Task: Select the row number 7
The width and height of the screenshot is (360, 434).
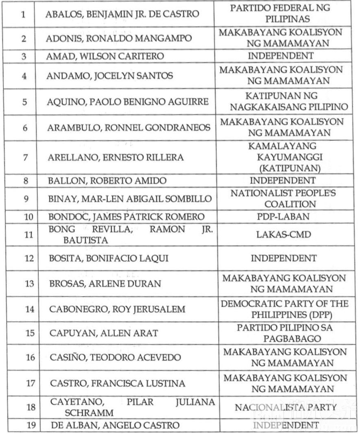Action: tap(24, 157)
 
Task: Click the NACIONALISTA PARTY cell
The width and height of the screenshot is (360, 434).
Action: tap(286, 407)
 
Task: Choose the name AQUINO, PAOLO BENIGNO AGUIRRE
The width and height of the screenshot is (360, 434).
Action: tap(129, 101)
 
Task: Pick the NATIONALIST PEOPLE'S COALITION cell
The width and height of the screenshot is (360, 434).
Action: tap(283, 198)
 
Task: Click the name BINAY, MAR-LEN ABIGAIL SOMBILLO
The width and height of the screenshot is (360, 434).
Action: tap(130, 199)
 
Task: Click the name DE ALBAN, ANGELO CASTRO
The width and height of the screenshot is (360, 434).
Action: tap(115, 425)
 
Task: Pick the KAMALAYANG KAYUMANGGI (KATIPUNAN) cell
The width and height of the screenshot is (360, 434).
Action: tap(283, 157)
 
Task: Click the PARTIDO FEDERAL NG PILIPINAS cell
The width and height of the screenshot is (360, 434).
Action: tap(281, 13)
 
